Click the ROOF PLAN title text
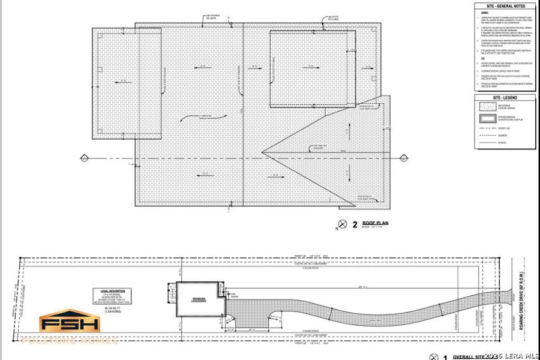(x=376, y=223)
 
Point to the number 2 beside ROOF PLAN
(x=355, y=224)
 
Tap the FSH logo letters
(x=70, y=324)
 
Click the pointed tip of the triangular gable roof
(x=262, y=152)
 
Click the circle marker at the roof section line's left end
(x=84, y=158)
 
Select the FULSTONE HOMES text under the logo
(x=70, y=340)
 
